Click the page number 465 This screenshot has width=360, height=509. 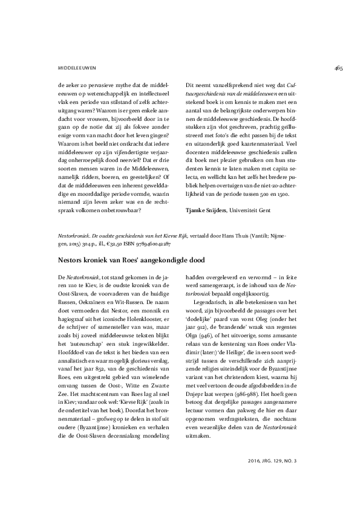point(338,68)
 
